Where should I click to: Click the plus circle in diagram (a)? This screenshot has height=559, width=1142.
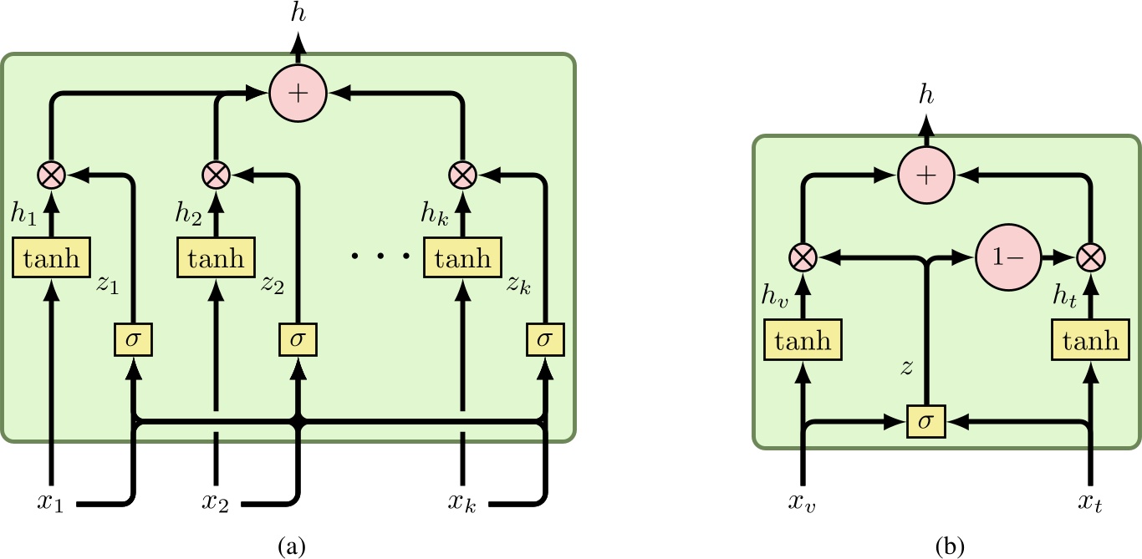(297, 92)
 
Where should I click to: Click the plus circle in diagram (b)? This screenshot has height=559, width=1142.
(925, 175)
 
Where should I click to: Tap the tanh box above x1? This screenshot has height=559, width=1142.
(52, 258)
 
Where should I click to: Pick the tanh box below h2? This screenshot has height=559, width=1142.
(216, 258)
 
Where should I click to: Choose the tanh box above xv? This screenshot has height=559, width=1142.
(803, 341)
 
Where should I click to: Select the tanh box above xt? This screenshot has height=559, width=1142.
(1090, 341)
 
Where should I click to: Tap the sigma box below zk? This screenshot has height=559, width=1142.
(545, 338)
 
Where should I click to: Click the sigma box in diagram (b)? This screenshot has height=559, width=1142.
(925, 422)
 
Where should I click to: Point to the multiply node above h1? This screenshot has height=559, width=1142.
(52, 175)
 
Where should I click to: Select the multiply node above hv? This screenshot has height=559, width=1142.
(803, 258)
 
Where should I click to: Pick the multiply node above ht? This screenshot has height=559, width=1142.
(1090, 258)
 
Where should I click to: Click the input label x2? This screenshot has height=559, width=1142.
(216, 504)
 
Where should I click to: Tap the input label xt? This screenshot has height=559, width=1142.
(1090, 504)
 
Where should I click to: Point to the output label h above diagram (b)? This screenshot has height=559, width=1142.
(925, 98)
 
